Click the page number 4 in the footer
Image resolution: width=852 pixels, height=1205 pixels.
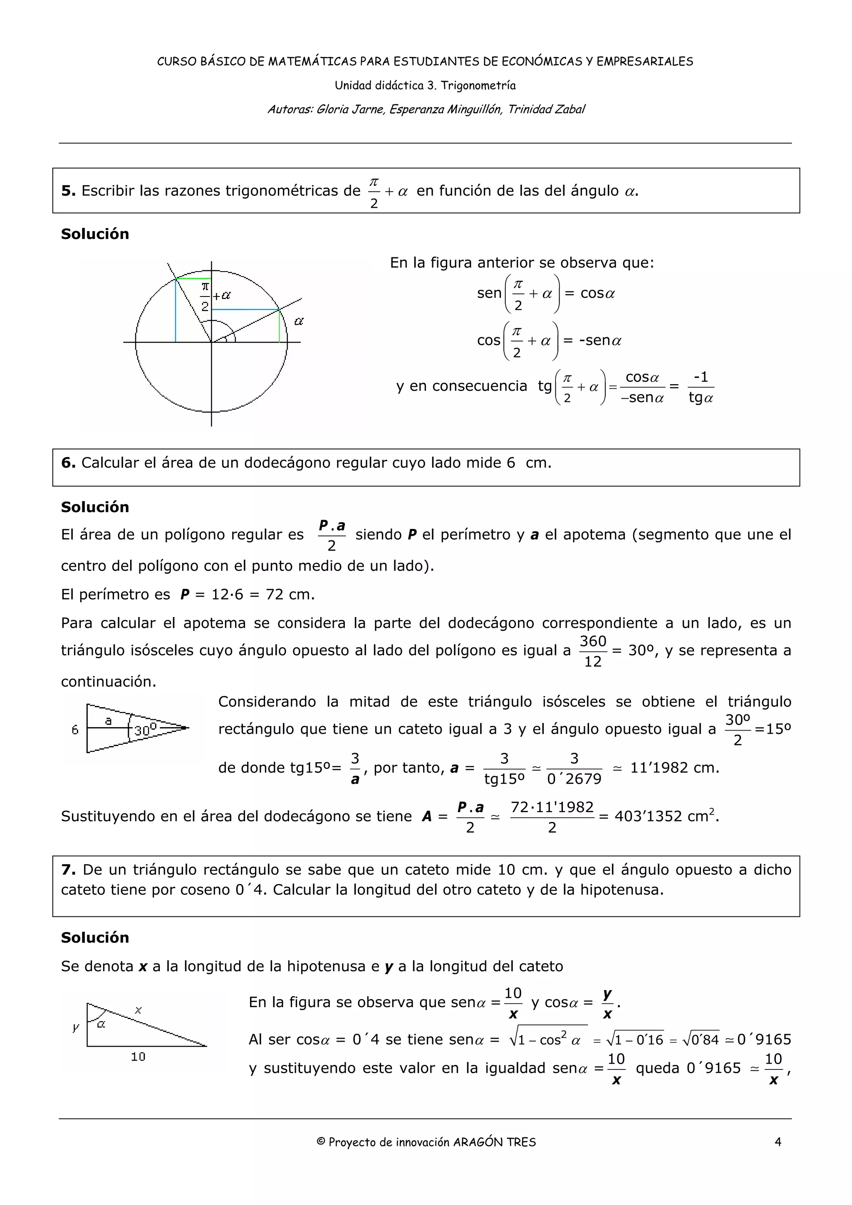(778, 1141)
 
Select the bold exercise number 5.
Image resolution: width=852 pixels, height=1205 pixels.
(68, 190)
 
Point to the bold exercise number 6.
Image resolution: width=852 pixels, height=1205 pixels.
(68, 462)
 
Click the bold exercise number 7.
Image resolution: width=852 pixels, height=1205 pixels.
(68, 869)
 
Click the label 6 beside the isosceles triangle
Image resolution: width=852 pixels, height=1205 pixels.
(75, 729)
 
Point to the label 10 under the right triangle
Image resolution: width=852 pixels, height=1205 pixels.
(138, 1057)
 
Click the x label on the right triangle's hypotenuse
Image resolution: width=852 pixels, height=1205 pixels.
(138, 1010)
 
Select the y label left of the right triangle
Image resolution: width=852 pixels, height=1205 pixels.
(76, 1027)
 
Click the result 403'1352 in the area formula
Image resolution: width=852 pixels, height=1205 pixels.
(648, 816)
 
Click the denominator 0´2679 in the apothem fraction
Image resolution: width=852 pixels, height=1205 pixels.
(574, 779)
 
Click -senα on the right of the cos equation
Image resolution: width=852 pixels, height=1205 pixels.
(599, 340)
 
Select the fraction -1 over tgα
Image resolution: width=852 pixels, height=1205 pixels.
(701, 388)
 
